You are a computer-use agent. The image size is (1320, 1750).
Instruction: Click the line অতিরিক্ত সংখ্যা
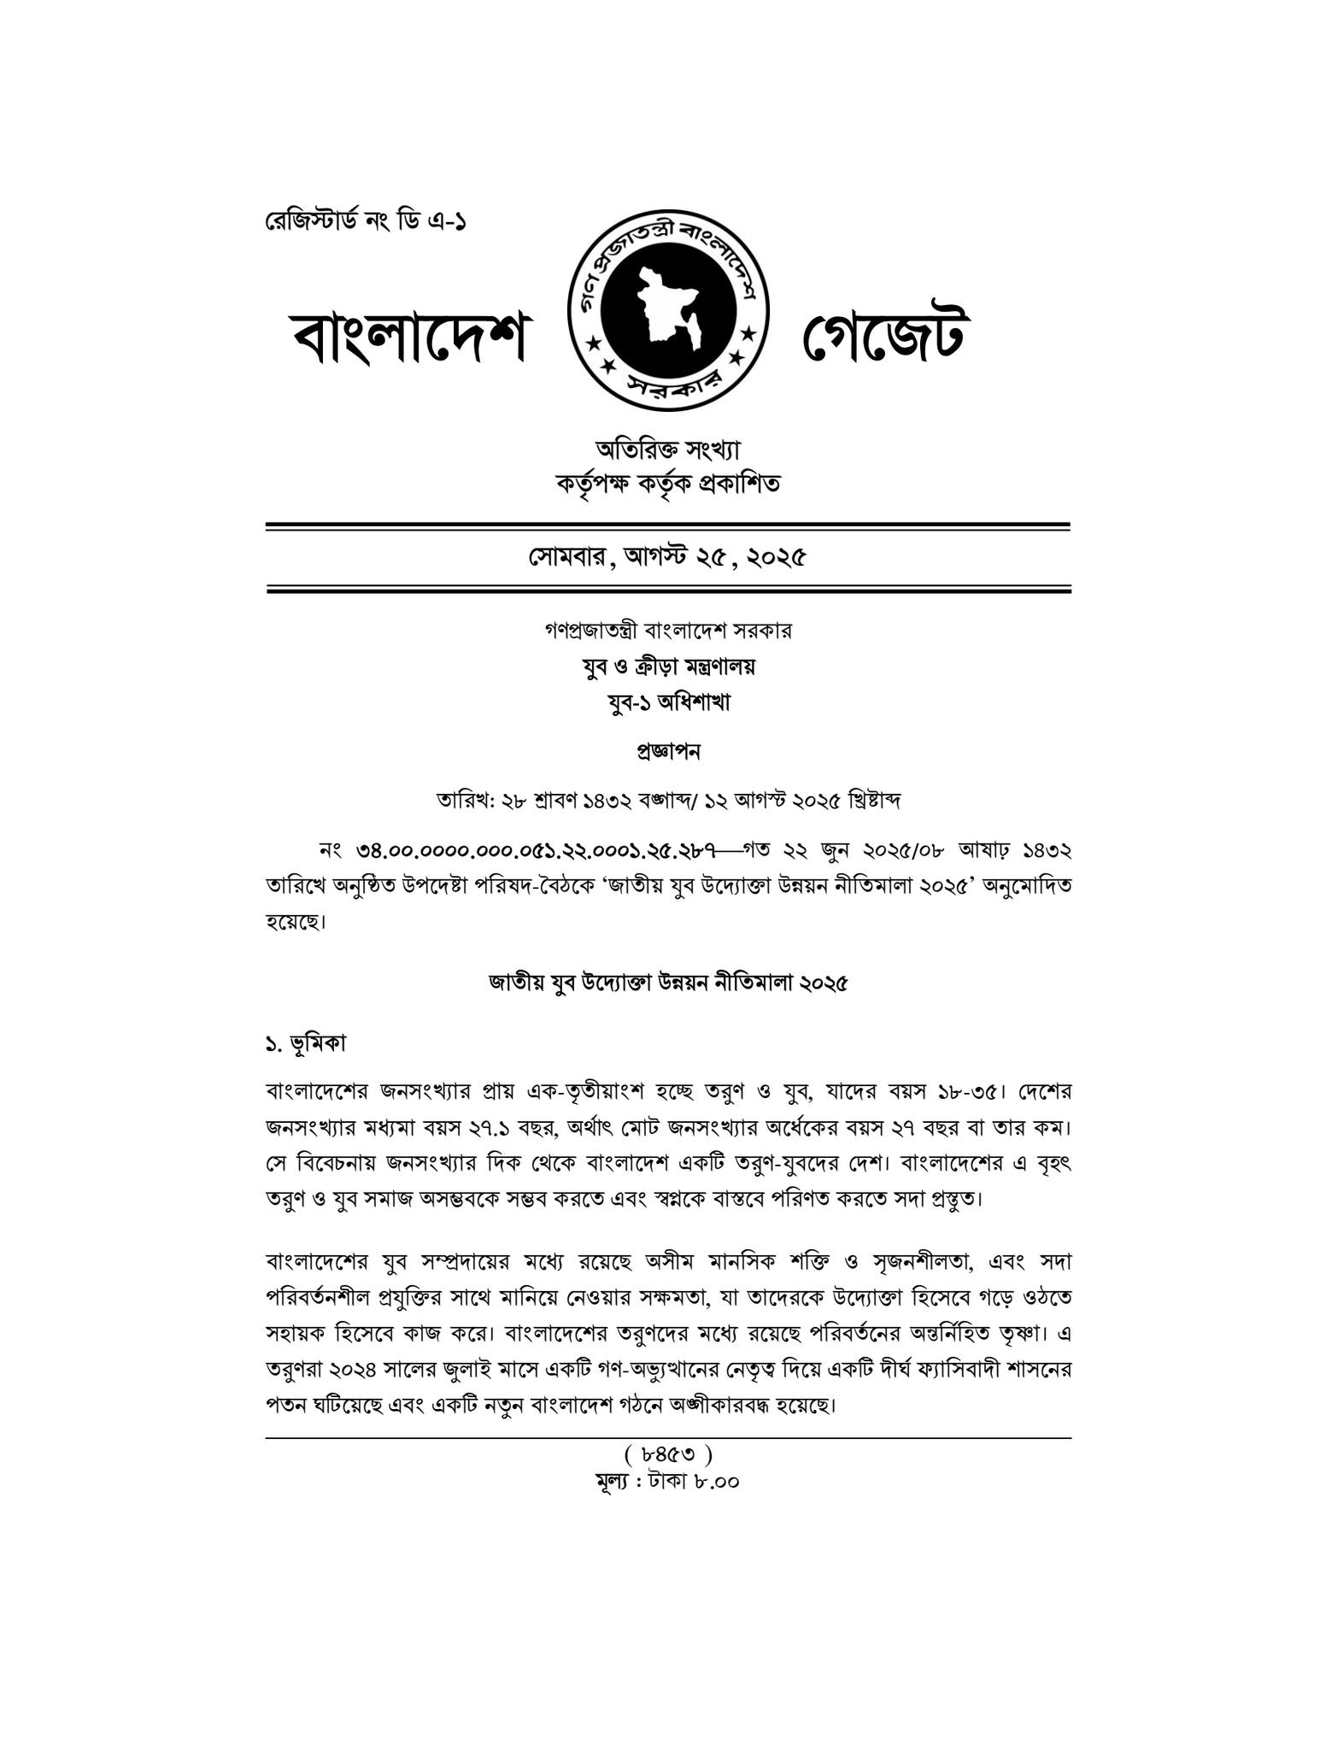pos(668,449)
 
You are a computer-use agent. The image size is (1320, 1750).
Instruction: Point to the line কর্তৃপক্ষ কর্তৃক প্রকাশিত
pos(668,484)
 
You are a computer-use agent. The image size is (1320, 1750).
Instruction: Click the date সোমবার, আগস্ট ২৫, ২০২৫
pos(668,558)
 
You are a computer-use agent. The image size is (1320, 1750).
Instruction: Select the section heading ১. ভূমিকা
pos(307,1043)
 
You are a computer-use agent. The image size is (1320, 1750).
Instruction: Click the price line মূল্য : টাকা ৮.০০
pos(668,1481)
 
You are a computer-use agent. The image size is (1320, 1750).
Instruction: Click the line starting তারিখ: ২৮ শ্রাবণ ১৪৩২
pos(668,802)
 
